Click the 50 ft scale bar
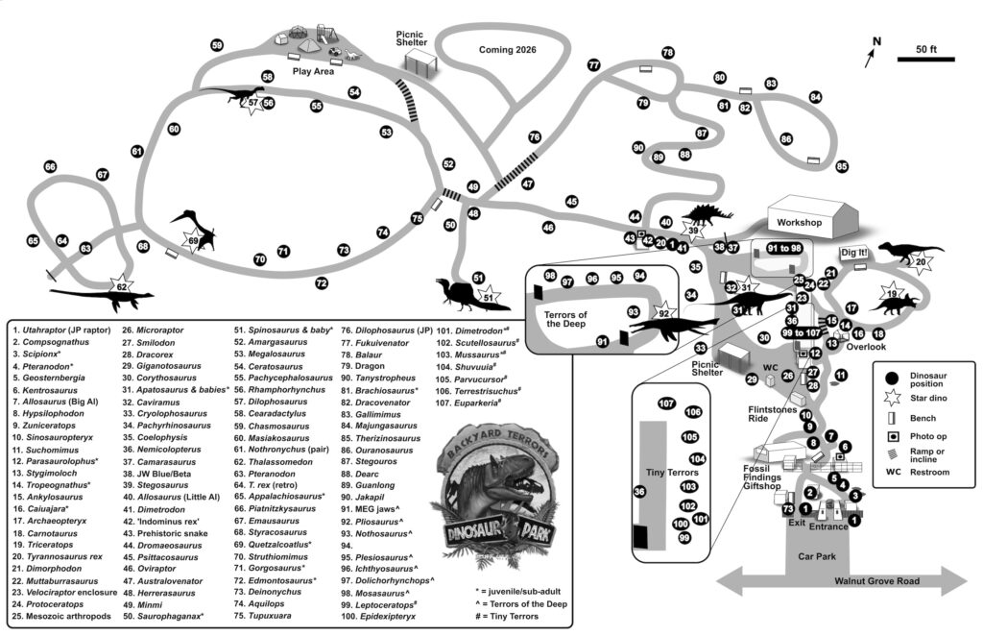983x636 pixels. (x=923, y=60)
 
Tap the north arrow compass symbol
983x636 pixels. (x=873, y=54)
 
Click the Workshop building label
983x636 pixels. (x=801, y=222)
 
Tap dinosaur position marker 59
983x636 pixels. (x=217, y=45)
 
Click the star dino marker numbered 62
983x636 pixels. (x=122, y=286)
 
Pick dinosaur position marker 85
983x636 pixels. (x=842, y=166)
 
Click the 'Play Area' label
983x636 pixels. (x=313, y=71)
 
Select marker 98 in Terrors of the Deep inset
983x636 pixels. (x=549, y=276)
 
